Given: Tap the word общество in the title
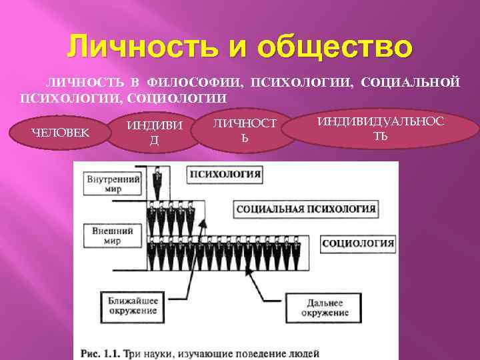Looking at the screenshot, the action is (x=337, y=49).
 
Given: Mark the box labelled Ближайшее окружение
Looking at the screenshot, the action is (x=133, y=305).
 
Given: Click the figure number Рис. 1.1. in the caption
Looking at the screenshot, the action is (x=101, y=352).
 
